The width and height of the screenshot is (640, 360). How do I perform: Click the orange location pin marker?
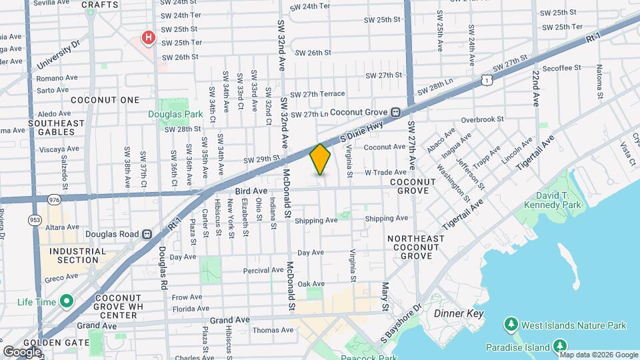click(x=320, y=159)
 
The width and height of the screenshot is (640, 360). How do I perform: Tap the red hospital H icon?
click(x=148, y=37)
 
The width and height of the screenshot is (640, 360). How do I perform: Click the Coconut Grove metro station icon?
click(x=395, y=113)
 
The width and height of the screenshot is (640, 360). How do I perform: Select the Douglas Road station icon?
click(x=147, y=235)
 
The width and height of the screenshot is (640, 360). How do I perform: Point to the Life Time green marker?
click(x=66, y=302)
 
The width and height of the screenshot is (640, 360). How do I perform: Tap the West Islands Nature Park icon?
click(x=511, y=325)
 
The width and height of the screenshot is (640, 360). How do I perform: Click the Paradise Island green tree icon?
click(x=561, y=347)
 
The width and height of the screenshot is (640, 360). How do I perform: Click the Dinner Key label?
click(x=458, y=313)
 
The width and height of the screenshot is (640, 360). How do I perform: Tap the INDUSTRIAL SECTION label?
click(x=73, y=256)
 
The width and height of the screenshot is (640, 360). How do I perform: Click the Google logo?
click(x=22, y=351)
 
